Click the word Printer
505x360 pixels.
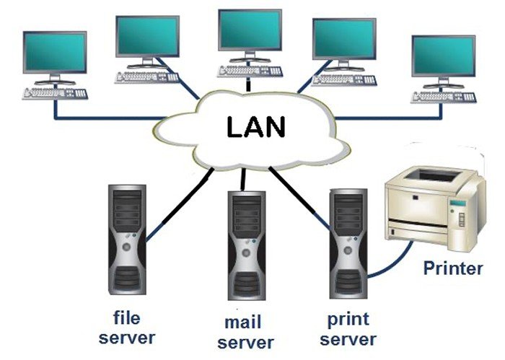pos(452,269)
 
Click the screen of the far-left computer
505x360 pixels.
pos(54,53)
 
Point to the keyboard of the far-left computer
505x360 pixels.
pos(56,93)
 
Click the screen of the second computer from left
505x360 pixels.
pos(147,35)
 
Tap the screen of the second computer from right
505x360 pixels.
pos(343,39)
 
